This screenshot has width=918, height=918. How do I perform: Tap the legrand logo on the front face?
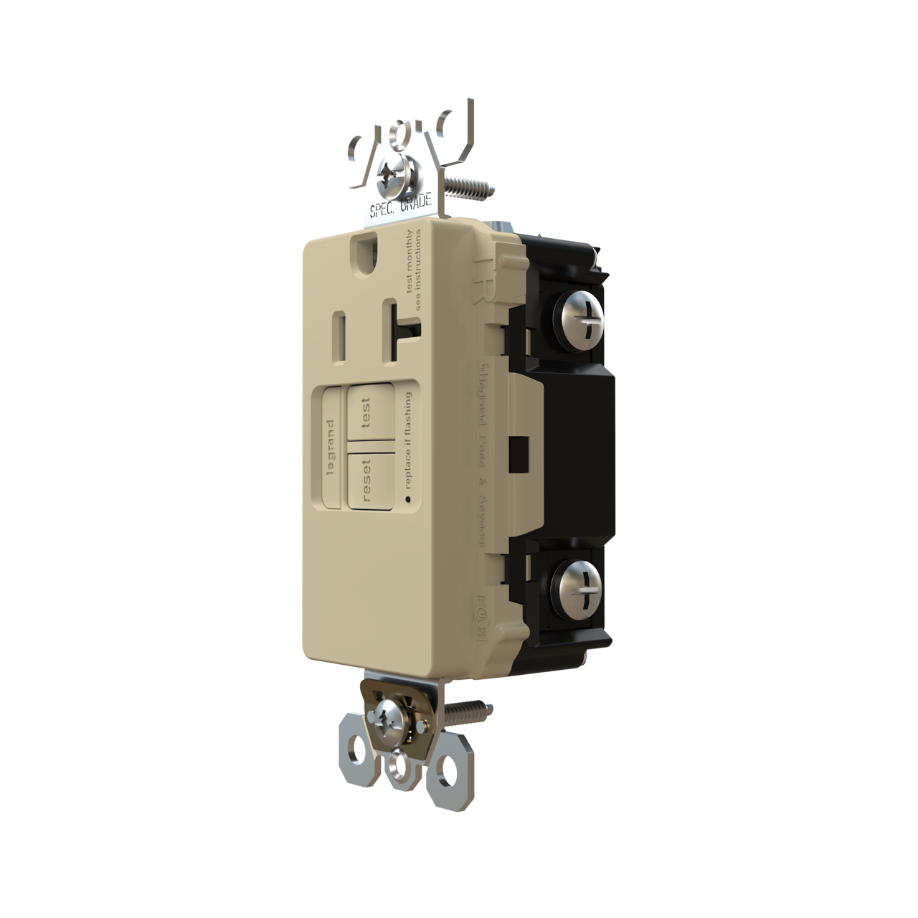[x=331, y=446]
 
